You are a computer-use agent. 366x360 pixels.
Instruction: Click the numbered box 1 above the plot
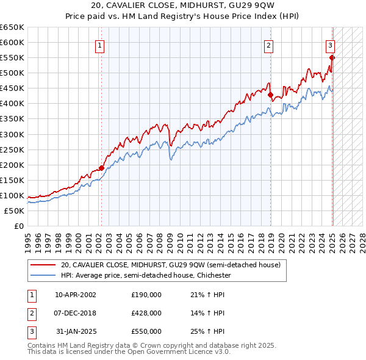click(99, 44)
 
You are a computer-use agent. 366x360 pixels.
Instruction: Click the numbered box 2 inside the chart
click(268, 44)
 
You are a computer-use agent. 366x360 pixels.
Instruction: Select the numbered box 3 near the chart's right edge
click(330, 44)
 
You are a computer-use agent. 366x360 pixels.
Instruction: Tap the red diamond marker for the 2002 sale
click(101, 168)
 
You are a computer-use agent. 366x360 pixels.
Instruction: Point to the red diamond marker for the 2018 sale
click(270, 95)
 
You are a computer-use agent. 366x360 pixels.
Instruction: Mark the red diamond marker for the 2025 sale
click(332, 58)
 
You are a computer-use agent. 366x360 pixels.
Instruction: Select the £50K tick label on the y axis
click(15, 211)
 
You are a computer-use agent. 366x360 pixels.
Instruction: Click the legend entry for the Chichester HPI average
click(145, 275)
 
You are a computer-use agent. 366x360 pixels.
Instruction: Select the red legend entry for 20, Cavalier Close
click(170, 265)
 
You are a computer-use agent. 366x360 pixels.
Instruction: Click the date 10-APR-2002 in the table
click(76, 295)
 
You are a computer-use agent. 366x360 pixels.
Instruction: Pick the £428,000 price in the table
click(146, 313)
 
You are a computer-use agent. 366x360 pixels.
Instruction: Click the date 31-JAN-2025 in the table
click(76, 331)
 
